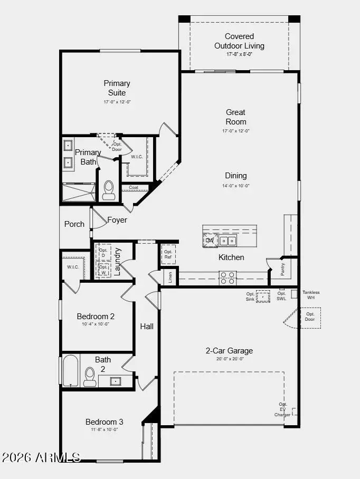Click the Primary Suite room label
(117, 88)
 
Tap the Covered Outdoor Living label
(239, 41)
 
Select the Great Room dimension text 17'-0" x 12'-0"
(236, 131)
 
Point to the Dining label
(236, 176)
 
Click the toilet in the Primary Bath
(109, 190)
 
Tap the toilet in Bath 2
(90, 377)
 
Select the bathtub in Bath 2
(71, 371)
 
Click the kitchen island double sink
(229, 241)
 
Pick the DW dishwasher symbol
(210, 241)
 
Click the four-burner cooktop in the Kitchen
(228, 277)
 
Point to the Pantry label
(282, 269)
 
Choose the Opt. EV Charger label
(282, 410)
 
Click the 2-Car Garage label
(229, 351)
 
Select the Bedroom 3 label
(105, 422)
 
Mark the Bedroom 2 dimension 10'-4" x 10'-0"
(96, 324)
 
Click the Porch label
(74, 224)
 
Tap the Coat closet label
(134, 187)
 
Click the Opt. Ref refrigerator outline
(168, 254)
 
